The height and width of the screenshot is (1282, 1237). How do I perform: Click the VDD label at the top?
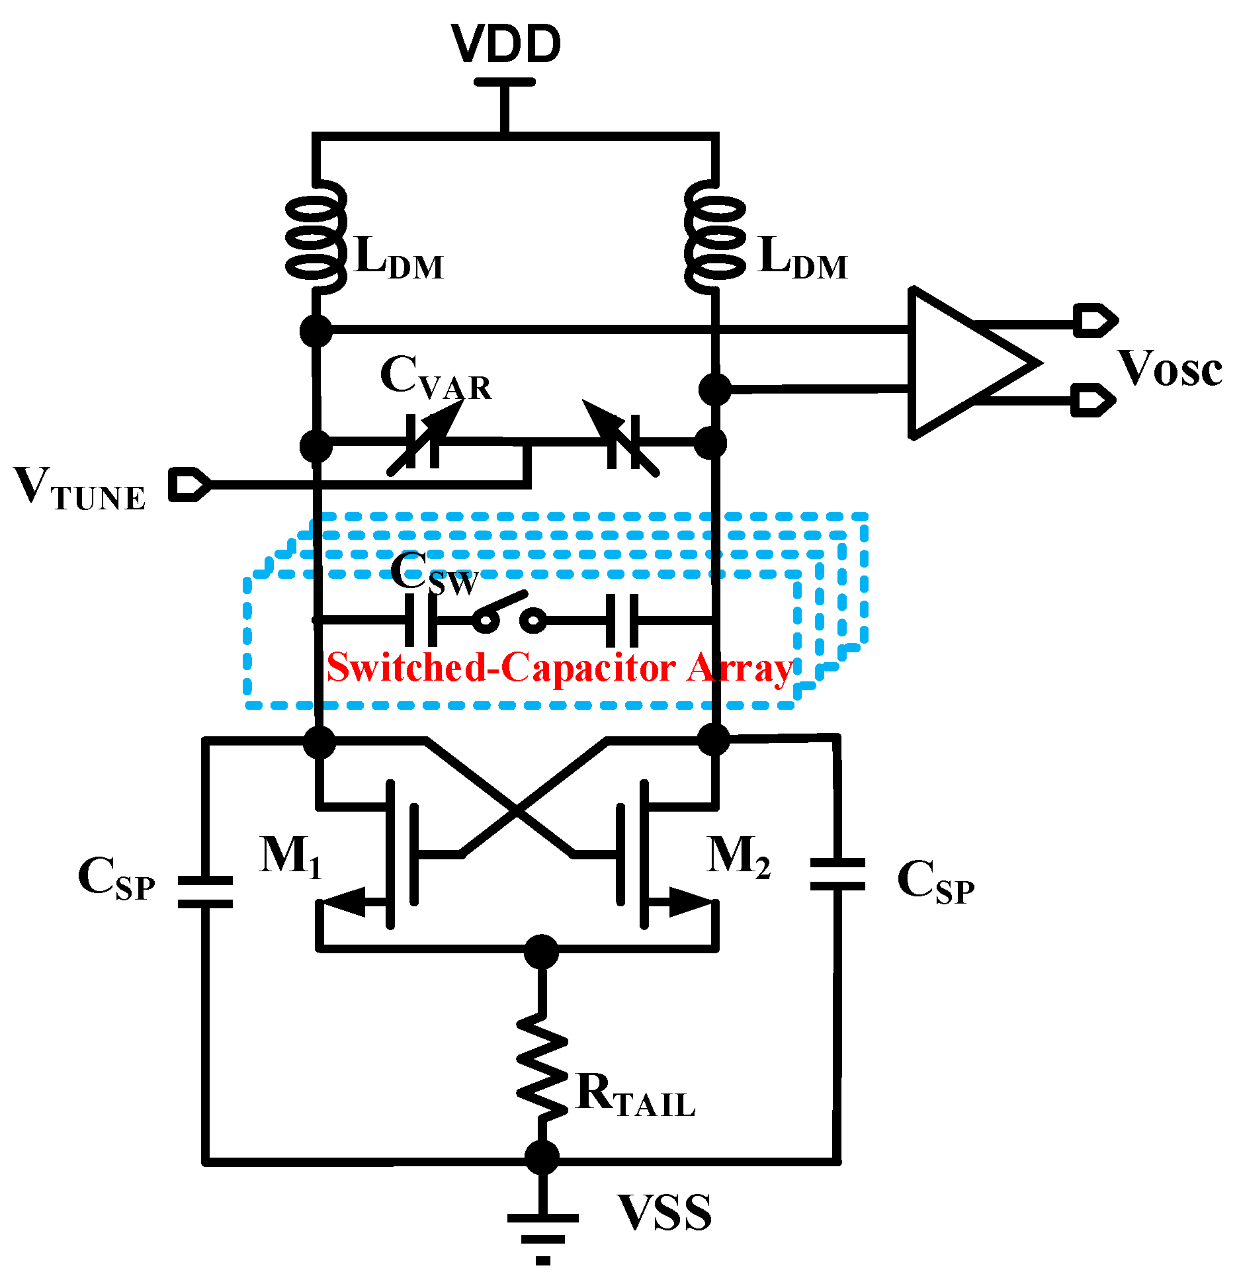(x=506, y=44)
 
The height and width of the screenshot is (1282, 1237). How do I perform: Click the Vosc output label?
(x=1170, y=369)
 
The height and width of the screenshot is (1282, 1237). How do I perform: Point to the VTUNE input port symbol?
(x=189, y=484)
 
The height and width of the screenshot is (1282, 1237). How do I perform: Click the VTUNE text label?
(x=79, y=490)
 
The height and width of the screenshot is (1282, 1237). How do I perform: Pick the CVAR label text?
(x=435, y=378)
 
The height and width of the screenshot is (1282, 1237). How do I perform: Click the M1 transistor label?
(x=290, y=857)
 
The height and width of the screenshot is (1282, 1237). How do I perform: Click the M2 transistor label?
(x=738, y=857)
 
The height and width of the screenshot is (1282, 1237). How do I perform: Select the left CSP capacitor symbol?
(x=206, y=892)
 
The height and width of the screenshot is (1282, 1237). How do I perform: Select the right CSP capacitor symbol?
(x=837, y=873)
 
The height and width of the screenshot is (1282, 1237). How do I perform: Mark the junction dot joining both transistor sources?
(x=541, y=951)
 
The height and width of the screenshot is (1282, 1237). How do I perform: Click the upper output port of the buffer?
(x=1095, y=321)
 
